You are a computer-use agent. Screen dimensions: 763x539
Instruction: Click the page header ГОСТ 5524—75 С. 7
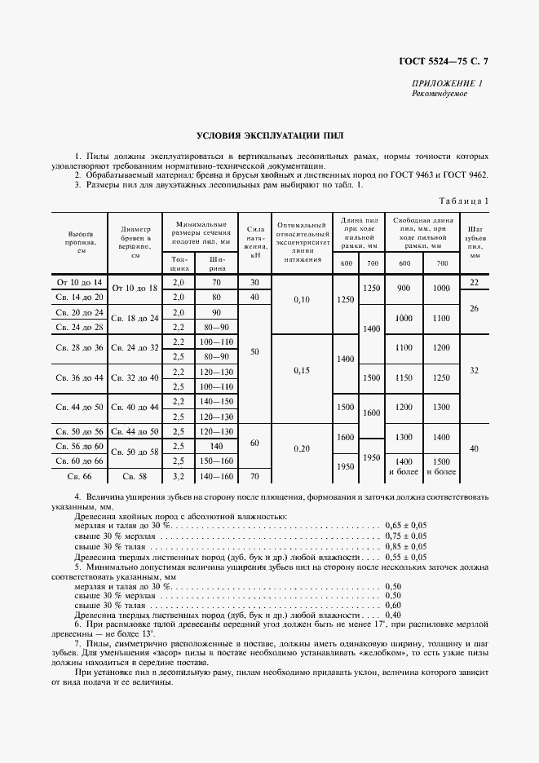click(448, 61)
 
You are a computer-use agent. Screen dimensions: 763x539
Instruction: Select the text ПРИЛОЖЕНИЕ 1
click(448, 83)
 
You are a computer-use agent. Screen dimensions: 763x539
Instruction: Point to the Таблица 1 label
click(464, 201)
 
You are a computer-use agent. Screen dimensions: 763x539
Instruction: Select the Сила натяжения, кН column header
click(254, 242)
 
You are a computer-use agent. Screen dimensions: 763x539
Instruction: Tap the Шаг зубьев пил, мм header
click(475, 242)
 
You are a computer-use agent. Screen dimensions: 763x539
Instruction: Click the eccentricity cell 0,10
click(302, 299)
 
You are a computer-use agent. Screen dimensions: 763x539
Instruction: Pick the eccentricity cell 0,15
click(302, 369)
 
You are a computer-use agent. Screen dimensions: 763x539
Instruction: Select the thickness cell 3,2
click(179, 474)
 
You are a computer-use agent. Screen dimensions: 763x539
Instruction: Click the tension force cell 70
click(254, 474)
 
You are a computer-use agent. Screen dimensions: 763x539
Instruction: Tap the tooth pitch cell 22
click(475, 282)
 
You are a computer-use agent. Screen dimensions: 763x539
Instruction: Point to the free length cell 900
click(404, 289)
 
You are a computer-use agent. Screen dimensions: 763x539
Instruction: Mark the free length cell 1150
click(404, 377)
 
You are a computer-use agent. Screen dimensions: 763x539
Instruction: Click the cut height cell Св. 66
click(80, 474)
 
